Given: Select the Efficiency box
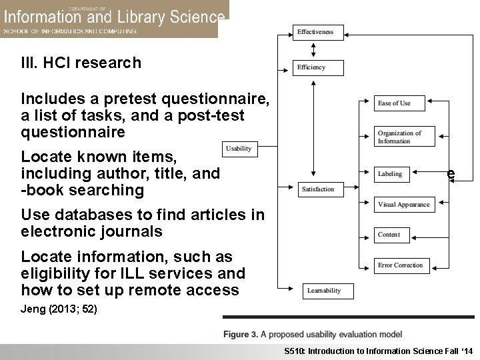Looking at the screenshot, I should click(317, 67).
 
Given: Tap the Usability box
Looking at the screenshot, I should click(239, 149).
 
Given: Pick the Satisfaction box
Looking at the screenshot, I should click(317, 189).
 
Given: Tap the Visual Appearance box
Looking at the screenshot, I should click(403, 205).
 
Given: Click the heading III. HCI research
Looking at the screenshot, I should click(81, 63).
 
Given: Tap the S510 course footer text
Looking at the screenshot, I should click(377, 351).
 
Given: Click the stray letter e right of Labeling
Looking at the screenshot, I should click(451, 173).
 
